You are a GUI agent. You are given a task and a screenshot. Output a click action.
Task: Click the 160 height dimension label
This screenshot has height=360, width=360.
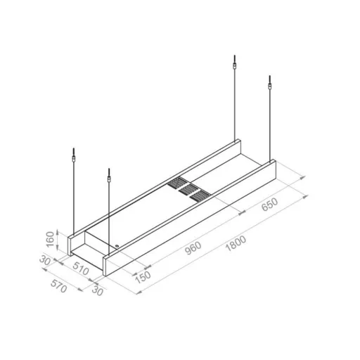click(51, 239)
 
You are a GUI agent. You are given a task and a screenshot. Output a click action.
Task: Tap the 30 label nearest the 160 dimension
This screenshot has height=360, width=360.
click(45, 260)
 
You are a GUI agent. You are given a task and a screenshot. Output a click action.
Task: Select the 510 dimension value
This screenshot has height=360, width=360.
click(81, 269)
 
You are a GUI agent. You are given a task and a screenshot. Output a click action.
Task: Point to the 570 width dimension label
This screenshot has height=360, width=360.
click(58, 286)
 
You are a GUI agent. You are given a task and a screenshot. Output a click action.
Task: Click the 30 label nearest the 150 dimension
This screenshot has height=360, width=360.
click(98, 290)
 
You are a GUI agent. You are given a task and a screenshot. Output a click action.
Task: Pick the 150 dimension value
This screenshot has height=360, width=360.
click(143, 277)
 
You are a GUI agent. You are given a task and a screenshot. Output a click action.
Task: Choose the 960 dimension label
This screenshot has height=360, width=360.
click(193, 248)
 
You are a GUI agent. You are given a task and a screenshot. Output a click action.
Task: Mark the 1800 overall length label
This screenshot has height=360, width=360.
click(236, 243)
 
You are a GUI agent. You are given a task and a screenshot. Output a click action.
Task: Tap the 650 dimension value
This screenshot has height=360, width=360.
click(270, 205)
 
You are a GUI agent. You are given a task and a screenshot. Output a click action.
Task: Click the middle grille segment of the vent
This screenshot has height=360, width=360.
click(188, 189)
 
